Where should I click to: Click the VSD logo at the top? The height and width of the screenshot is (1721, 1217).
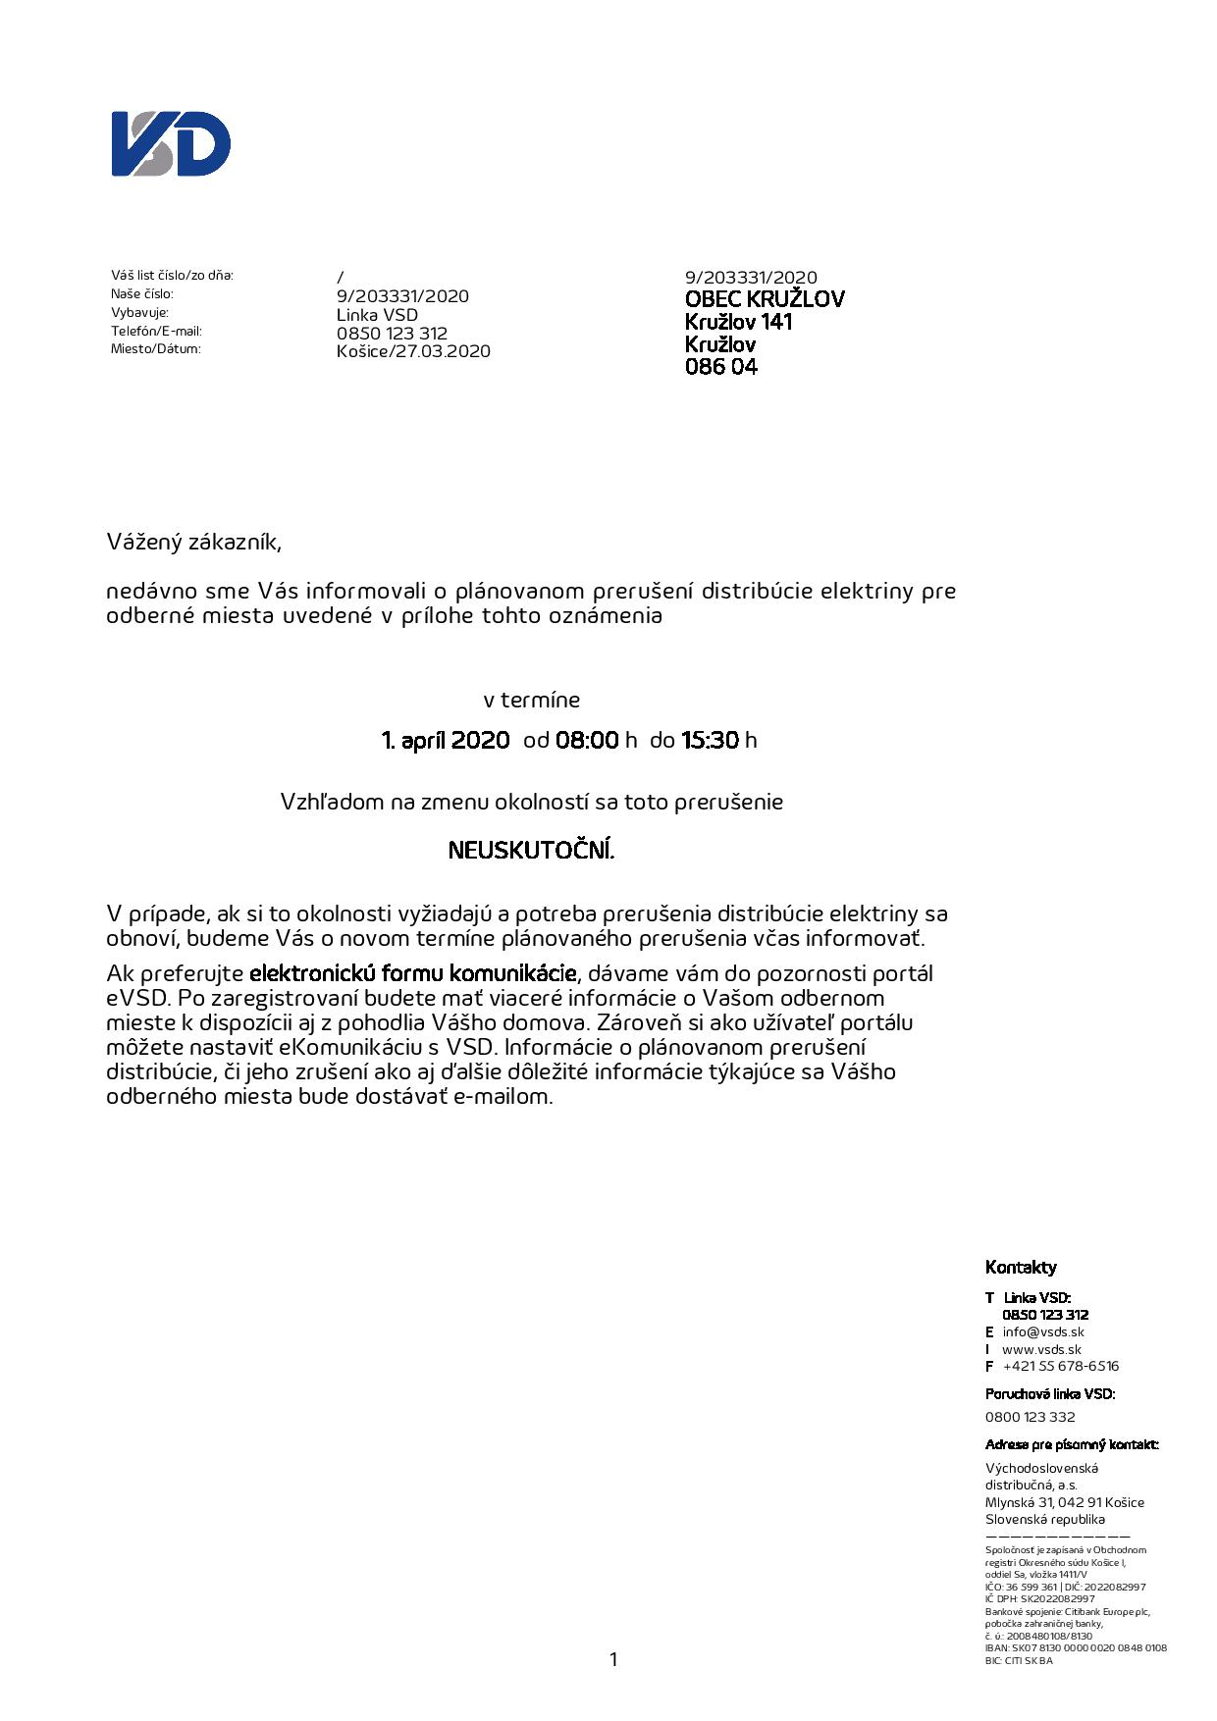click(x=171, y=144)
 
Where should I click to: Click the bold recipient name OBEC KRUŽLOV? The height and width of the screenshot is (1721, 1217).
click(x=764, y=299)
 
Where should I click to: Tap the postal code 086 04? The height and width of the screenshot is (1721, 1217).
click(x=720, y=367)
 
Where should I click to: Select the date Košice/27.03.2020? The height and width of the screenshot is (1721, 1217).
click(x=413, y=351)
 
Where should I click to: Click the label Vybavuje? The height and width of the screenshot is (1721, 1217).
click(x=139, y=313)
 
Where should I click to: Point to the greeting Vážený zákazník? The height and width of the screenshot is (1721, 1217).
click(x=193, y=542)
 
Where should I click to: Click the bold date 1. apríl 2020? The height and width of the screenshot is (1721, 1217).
click(x=446, y=740)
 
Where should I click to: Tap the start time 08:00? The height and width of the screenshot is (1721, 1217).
click(x=587, y=740)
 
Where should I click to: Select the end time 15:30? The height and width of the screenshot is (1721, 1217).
click(x=710, y=740)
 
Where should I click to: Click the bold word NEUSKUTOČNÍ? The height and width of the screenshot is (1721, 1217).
click(x=531, y=850)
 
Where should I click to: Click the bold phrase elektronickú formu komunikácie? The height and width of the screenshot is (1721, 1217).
click(x=413, y=974)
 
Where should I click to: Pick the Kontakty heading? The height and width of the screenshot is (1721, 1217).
click(x=1021, y=1268)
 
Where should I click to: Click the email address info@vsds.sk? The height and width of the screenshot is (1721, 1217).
click(x=1042, y=1332)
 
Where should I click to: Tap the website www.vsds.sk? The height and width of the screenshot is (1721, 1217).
click(x=1041, y=1350)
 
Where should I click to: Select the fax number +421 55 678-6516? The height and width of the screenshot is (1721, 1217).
click(x=1060, y=1367)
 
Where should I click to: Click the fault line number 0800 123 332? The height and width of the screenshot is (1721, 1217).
click(x=1030, y=1417)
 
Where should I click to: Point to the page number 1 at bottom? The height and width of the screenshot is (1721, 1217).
click(x=613, y=1660)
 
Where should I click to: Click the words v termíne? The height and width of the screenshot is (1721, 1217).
click(x=531, y=701)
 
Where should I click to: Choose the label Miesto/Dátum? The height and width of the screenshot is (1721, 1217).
click(x=155, y=349)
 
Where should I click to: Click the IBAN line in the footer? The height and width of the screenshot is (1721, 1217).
click(x=1075, y=1648)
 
